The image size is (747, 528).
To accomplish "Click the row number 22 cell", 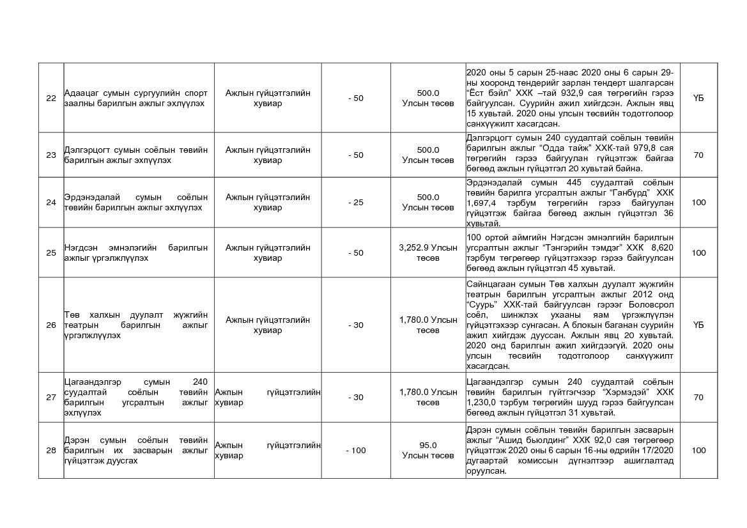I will point(51,98).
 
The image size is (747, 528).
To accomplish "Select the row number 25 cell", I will point(51,252).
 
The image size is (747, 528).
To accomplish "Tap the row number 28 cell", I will point(51,450).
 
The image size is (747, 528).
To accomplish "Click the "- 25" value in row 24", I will point(356,202).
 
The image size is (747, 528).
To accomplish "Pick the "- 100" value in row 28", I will point(356,450).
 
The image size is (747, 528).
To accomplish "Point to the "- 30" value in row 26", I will point(356,325).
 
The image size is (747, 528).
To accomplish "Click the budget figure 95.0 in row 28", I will point(428,445).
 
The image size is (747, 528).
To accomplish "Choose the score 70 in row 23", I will point(698,155).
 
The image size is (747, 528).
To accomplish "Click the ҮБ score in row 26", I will point(698,325).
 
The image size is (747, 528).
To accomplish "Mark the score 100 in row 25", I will point(698,252).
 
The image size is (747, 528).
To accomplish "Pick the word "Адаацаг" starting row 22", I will point(80,93).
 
